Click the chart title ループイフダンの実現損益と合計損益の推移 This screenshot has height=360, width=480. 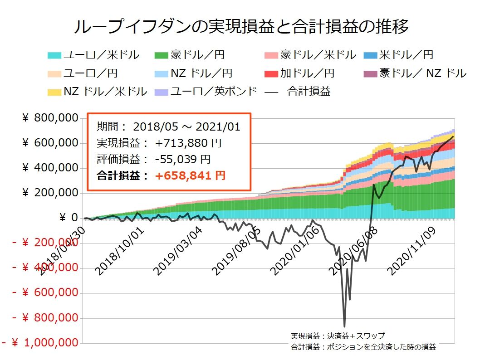coord(240,27)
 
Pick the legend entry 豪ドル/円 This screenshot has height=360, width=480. coord(197,55)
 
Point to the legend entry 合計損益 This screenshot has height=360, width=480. coord(309,91)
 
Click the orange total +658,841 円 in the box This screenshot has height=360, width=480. coord(190,175)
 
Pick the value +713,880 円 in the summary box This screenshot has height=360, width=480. coord(188,143)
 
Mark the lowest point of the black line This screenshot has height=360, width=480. coord(344,326)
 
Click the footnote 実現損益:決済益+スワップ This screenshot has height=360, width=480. coord(338,336)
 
